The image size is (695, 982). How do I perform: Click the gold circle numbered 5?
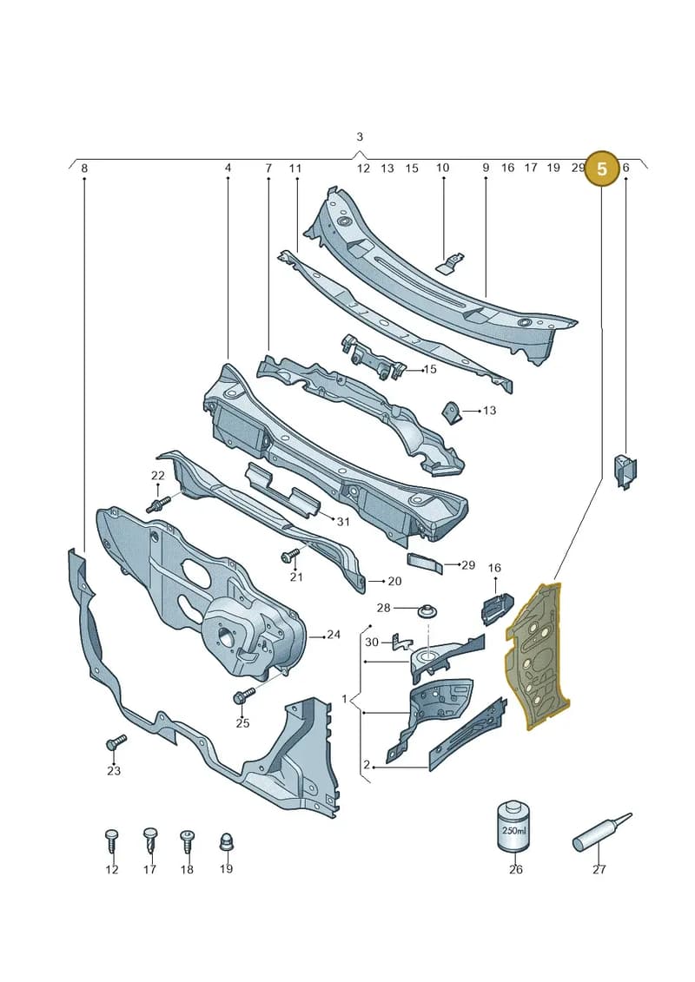[602, 168]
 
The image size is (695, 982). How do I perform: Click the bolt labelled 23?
[116, 742]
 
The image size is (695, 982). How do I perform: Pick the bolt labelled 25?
[244, 695]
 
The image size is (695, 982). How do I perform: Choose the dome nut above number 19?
[226, 842]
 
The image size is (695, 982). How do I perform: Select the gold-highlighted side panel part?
[537, 656]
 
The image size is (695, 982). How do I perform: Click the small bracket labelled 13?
[453, 412]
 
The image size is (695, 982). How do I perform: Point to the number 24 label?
[334, 635]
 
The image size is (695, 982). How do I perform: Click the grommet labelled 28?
[427, 610]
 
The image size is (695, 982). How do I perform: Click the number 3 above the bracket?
[359, 136]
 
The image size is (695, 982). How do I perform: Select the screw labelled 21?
[291, 555]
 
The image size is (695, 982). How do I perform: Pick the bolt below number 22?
[159, 504]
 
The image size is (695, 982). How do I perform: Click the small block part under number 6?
[625, 472]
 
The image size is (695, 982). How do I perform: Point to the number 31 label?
[343, 522]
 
